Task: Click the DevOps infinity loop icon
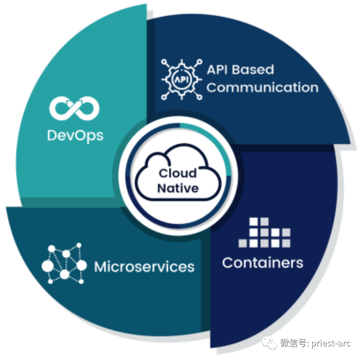coord(74,108)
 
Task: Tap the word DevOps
coord(75,136)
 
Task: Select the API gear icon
coord(182,79)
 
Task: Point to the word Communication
coord(263,87)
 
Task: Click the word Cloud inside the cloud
coord(178,173)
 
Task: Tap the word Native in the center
coord(178,188)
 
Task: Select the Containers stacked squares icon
coord(264,232)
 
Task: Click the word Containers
coord(263,263)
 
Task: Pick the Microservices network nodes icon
coord(64,263)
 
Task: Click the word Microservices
coord(144,267)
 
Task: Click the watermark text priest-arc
coord(331,343)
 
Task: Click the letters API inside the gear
coord(182,79)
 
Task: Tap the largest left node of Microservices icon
coord(47,266)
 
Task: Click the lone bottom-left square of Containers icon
coord(243,243)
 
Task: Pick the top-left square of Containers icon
coord(253,222)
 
